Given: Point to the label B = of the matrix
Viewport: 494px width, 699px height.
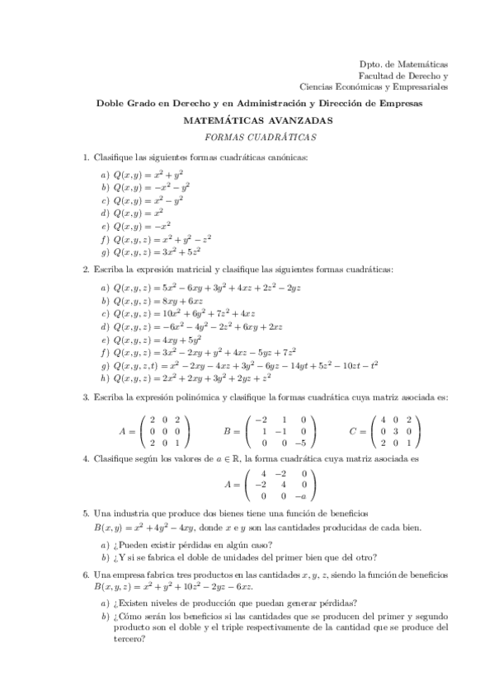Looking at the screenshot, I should [x=232, y=429].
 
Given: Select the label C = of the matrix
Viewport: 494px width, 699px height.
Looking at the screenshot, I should [x=355, y=429].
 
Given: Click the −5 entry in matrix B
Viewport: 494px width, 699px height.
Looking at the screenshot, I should [x=303, y=441].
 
